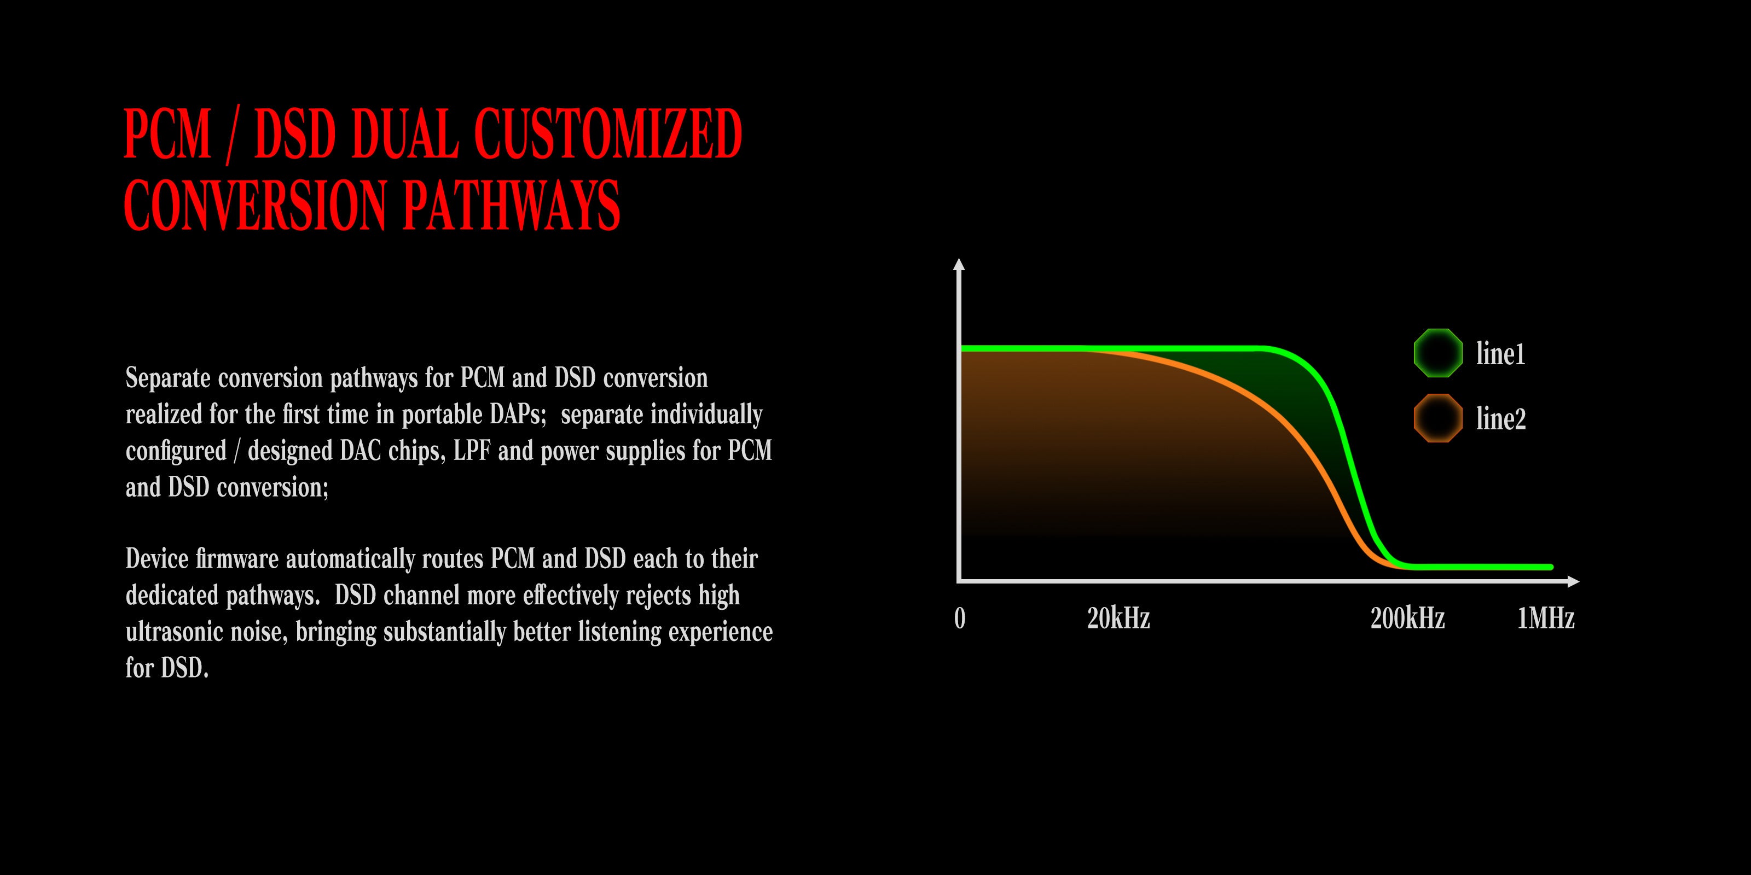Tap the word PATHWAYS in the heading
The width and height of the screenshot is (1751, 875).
click(x=512, y=205)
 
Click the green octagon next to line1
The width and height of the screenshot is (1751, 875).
click(x=1437, y=353)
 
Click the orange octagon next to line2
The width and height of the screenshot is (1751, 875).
click(x=1437, y=418)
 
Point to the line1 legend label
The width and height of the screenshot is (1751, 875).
click(x=1500, y=354)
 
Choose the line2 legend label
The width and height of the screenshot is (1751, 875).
click(x=1501, y=418)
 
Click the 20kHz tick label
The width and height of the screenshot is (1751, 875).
click(x=1118, y=618)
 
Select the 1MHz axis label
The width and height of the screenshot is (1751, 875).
click(x=1546, y=618)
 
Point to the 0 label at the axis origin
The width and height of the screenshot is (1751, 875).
click(x=960, y=618)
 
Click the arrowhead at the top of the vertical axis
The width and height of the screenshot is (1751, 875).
click(x=959, y=264)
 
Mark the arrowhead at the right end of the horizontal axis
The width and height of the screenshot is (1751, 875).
click(x=1573, y=581)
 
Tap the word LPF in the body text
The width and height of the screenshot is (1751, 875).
click(x=472, y=451)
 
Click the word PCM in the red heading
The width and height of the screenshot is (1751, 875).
click(x=167, y=134)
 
